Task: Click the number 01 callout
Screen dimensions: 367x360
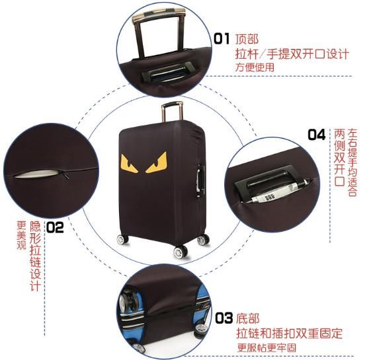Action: tap(222, 39)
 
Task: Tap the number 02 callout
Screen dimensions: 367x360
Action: tap(55, 227)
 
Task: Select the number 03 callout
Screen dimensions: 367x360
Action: tap(224, 318)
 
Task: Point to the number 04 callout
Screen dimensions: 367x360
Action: tap(317, 134)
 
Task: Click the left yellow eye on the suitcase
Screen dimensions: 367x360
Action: tap(129, 163)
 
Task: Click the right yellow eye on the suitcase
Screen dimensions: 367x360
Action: tap(156, 162)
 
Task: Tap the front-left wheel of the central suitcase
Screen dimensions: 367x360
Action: tap(122, 240)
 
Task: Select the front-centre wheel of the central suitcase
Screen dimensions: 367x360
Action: tap(181, 252)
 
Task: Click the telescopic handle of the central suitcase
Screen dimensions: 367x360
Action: tap(172, 112)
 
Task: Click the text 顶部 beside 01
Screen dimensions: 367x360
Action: tap(247, 39)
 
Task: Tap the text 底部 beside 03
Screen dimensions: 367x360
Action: tap(248, 318)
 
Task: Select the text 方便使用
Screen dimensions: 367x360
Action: tap(255, 67)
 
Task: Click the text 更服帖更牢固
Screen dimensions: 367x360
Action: tap(266, 347)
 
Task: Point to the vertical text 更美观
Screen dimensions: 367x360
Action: tap(21, 235)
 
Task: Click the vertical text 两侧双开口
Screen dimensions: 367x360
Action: tap(339, 157)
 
